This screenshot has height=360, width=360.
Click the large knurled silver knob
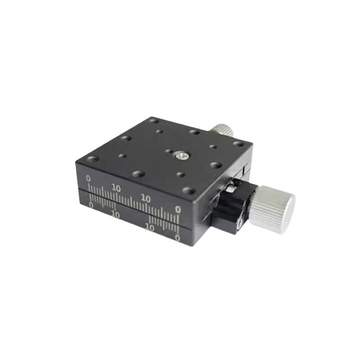tap(272, 209)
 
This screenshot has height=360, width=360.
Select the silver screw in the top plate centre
tap(180, 156)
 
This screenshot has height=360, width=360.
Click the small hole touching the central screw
tap(169, 151)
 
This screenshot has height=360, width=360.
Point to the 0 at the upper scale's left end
tap(88, 178)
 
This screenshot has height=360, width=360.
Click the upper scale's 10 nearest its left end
tap(117, 189)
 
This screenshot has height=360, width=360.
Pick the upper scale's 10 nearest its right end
tap(145, 198)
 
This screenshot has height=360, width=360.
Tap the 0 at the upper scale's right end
tap(178, 209)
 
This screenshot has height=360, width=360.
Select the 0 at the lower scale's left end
tap(91, 205)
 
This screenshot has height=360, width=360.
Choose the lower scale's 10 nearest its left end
tap(116, 215)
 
